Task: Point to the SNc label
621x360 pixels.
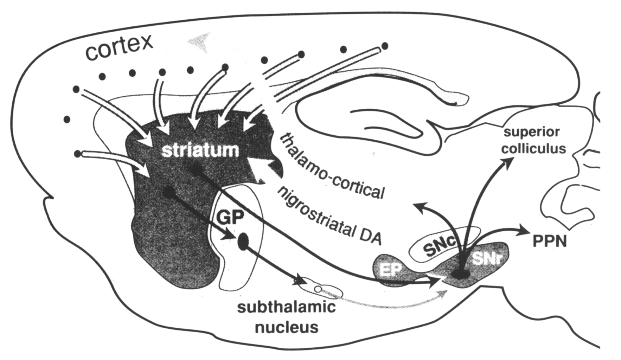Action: coord(439,247)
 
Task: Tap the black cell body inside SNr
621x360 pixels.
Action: coord(461,274)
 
